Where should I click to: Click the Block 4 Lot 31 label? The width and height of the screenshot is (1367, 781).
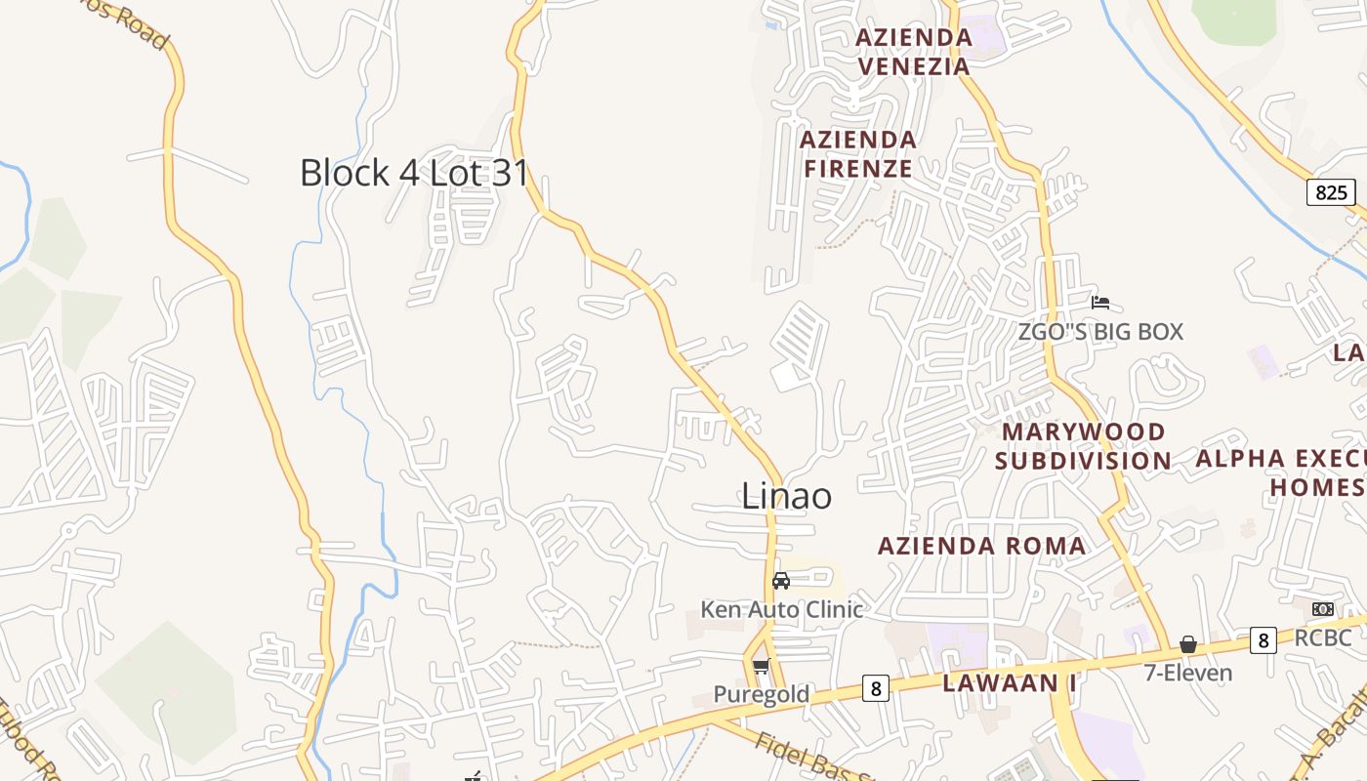(x=414, y=173)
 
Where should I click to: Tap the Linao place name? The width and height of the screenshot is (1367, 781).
(x=786, y=496)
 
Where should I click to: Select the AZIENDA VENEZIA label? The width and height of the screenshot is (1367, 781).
(x=913, y=52)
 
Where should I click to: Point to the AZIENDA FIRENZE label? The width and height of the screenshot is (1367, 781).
(x=857, y=154)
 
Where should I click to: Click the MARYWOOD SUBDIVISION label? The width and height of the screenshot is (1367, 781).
(x=1083, y=446)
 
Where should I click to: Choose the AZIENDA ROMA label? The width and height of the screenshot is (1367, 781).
(x=981, y=546)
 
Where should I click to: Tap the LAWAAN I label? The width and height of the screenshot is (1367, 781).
(x=1009, y=683)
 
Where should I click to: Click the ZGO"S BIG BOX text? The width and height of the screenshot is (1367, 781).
(x=1100, y=332)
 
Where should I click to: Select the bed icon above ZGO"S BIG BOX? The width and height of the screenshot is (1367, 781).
(x=1100, y=303)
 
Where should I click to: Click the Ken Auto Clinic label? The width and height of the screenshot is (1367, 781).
(x=781, y=610)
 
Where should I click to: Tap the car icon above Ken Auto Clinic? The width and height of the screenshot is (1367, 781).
(x=781, y=581)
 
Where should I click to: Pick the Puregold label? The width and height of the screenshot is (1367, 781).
(x=761, y=694)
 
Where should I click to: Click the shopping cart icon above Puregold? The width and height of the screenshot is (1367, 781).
(x=761, y=667)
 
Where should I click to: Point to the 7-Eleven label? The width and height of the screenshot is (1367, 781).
(x=1187, y=673)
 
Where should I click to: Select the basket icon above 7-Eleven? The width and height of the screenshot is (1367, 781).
(x=1188, y=644)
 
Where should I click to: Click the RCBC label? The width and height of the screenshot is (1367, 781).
(x=1323, y=638)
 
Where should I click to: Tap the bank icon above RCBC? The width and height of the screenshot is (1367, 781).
(x=1323, y=609)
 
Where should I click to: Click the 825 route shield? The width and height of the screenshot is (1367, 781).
(x=1331, y=192)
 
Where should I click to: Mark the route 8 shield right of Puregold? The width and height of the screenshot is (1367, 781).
(x=875, y=689)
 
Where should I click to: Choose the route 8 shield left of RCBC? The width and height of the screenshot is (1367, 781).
(x=1263, y=640)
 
